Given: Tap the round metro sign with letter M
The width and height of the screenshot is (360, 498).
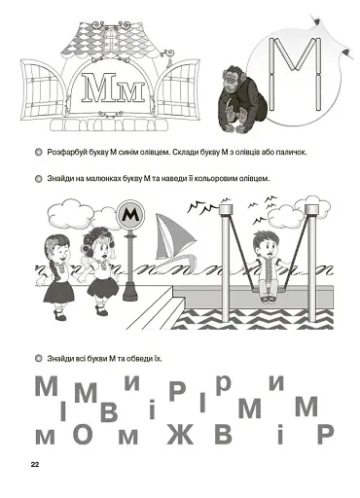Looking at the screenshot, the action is (130, 215).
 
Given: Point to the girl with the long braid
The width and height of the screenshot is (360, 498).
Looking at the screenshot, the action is (57, 276).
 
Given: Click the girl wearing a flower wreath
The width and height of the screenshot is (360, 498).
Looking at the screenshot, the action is (99, 270).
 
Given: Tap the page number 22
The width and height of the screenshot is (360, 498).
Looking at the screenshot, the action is (35, 465).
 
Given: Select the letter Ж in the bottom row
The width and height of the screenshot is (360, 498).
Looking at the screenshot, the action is (180, 434).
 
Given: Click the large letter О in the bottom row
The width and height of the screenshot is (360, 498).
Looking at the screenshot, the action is (86, 433).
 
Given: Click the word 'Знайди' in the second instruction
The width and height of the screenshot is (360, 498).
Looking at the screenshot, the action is (58, 178).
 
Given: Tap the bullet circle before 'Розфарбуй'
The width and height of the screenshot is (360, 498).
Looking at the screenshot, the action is (38, 152).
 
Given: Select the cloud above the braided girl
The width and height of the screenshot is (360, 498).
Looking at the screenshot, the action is (66, 210).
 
